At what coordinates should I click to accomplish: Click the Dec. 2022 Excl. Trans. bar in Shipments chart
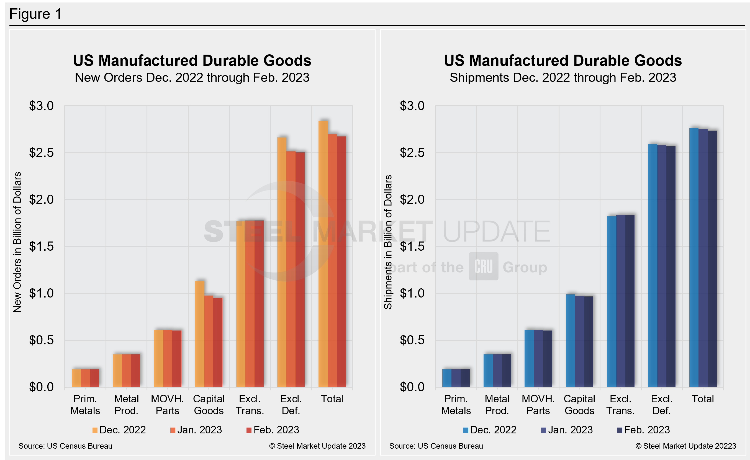[x=612, y=301]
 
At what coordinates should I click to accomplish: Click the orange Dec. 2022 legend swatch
[x=95, y=430]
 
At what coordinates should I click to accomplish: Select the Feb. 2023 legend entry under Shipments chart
[x=643, y=430]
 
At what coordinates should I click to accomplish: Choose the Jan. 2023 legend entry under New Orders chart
[x=196, y=430]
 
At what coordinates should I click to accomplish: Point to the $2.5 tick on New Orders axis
[x=41, y=153]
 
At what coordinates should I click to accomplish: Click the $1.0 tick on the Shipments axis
[x=412, y=293]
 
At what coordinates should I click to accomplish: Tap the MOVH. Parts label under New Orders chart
[x=167, y=405]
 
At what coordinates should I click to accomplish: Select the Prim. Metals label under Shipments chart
[x=456, y=405]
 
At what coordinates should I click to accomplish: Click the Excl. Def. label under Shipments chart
[x=661, y=405]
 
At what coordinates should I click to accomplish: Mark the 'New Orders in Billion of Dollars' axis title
[x=17, y=242]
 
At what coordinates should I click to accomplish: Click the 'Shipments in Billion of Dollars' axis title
[x=388, y=242]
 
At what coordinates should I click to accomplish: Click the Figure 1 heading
[x=36, y=14]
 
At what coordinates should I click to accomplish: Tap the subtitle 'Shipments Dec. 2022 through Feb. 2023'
[x=563, y=78]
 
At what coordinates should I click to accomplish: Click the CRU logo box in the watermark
[x=483, y=266]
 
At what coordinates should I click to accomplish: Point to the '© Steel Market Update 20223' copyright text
[x=685, y=446]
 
